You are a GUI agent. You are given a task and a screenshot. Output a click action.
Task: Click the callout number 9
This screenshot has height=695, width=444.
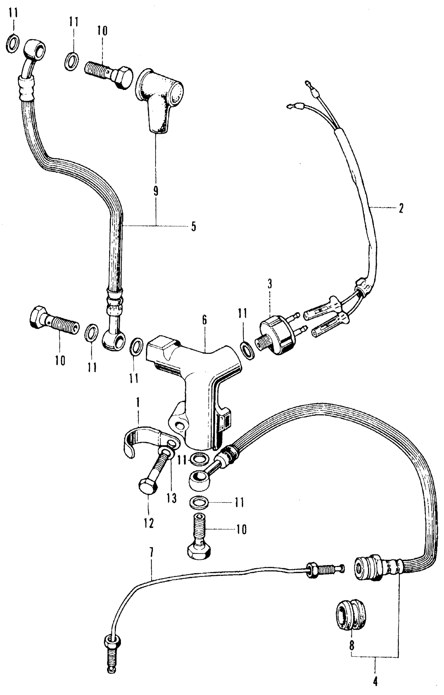pyautogui.click(x=156, y=191)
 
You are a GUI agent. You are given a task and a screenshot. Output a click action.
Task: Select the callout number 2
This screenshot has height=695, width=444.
pyautogui.click(x=401, y=208)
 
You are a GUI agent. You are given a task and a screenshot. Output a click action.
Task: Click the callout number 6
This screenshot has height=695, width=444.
pyautogui.click(x=205, y=320)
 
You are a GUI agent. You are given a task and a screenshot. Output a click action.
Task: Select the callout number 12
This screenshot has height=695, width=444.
pyautogui.click(x=149, y=523)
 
